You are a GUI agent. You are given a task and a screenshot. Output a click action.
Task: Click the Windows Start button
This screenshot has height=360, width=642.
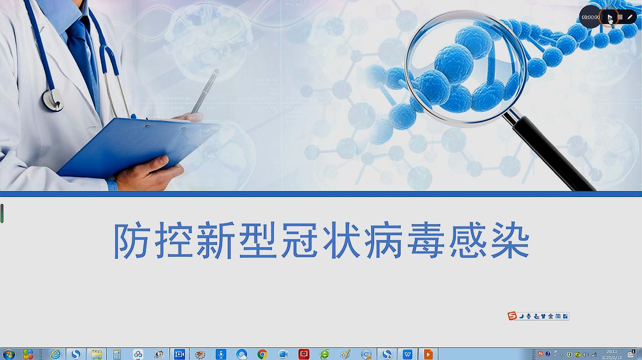[x=9, y=354]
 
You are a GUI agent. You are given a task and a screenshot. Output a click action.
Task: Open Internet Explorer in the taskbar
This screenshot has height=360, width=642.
[x=55, y=354]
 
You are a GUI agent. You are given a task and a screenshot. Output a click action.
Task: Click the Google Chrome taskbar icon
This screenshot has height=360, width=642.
[x=262, y=354]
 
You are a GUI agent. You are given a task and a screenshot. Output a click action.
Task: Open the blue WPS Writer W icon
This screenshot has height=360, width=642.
[x=407, y=354]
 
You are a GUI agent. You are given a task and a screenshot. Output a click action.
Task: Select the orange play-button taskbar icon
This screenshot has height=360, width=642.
[x=428, y=354]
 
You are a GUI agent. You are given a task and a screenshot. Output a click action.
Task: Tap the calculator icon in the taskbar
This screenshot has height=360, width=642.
[x=117, y=354]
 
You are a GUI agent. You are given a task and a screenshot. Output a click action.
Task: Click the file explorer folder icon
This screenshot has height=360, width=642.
[x=96, y=354]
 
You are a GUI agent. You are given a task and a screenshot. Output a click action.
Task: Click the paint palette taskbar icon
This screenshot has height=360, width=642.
[x=345, y=354]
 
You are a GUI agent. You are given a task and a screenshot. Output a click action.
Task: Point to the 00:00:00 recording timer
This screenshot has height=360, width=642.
[x=590, y=17]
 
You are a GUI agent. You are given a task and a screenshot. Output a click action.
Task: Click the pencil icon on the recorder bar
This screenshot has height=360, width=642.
[x=630, y=17]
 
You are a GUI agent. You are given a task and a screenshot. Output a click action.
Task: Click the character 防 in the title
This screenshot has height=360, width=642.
[x=131, y=241]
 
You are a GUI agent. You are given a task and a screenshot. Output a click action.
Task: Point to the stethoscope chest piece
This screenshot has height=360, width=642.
[x=52, y=99]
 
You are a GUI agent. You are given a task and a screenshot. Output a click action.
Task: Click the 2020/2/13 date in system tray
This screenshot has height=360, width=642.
[x=611, y=357]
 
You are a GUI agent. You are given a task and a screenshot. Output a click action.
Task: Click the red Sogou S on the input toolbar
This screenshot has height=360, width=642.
[x=512, y=316]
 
